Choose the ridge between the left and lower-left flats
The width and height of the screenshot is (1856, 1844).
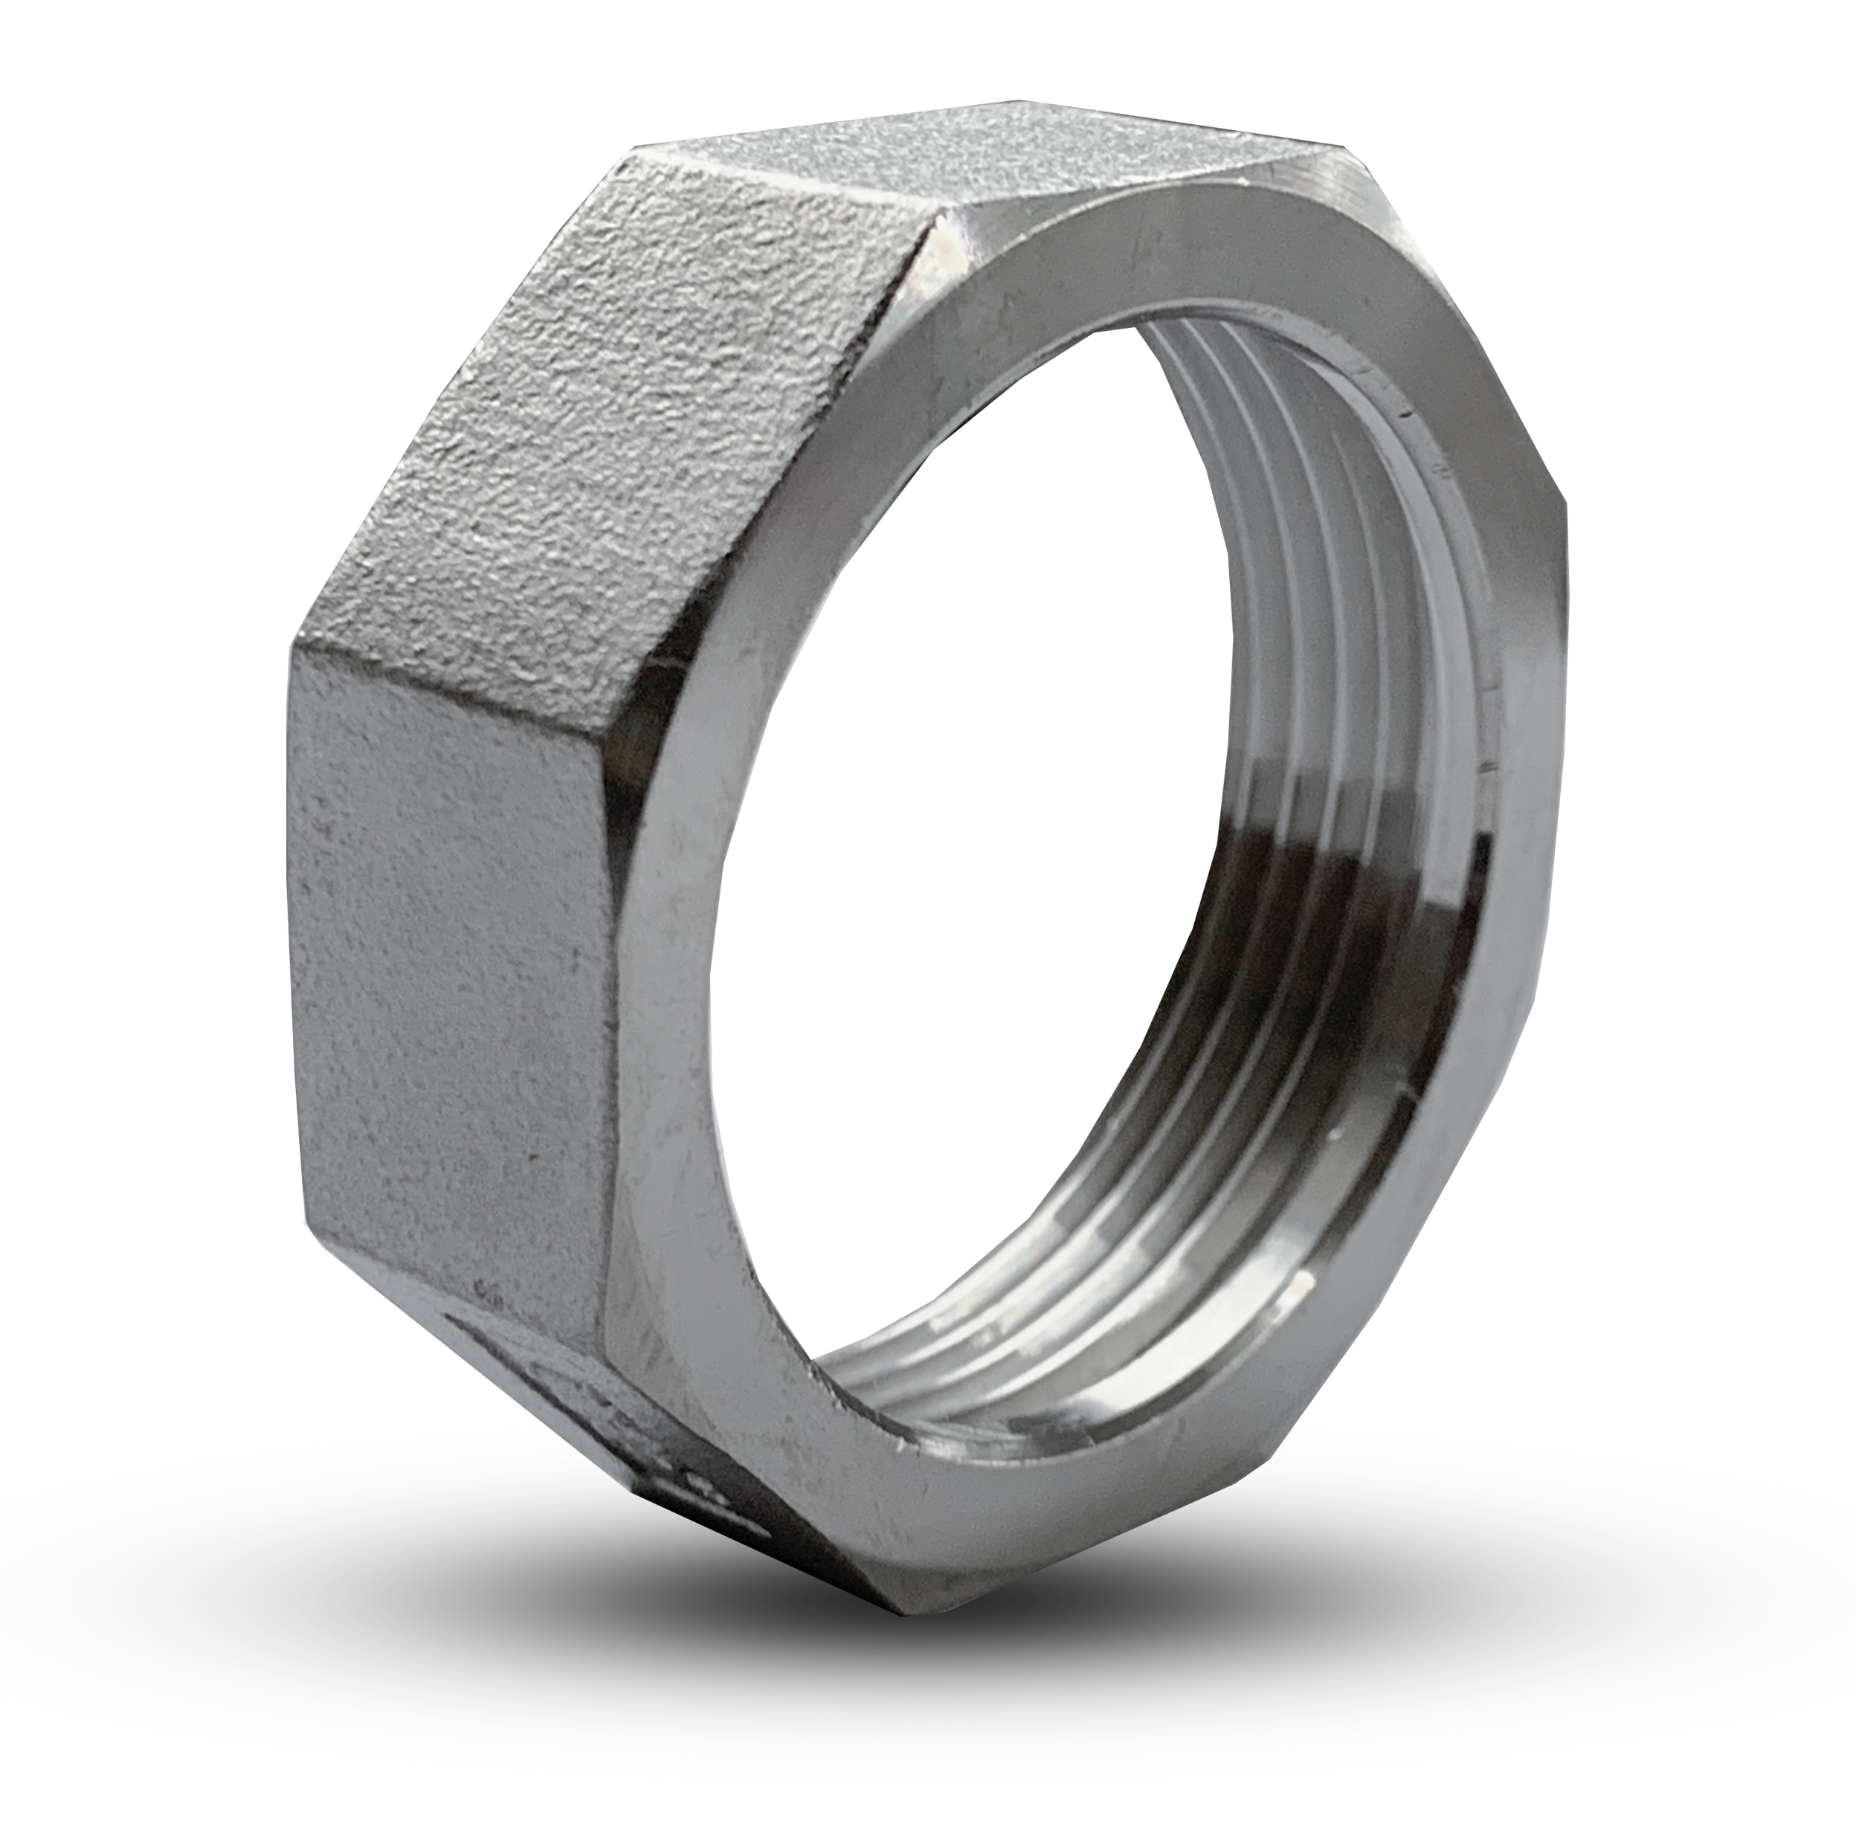pos(451,1277)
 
